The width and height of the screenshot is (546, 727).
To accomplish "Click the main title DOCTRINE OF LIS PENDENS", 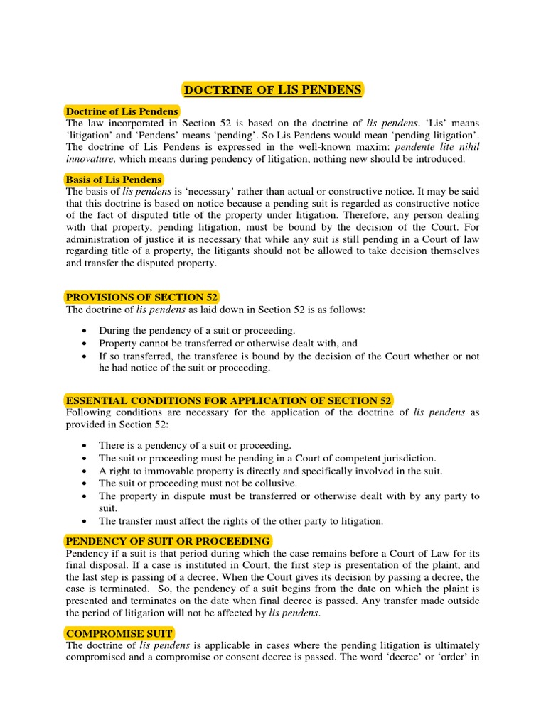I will pyautogui.click(x=273, y=89).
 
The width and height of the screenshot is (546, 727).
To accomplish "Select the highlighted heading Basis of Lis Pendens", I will pyautogui.click(x=114, y=180).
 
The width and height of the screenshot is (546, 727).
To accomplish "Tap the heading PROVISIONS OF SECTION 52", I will pyautogui.click(x=142, y=297).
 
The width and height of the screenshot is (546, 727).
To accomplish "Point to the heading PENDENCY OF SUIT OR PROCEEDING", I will pyautogui.click(x=168, y=541).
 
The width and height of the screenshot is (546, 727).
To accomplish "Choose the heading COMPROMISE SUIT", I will pyautogui.click(x=119, y=633).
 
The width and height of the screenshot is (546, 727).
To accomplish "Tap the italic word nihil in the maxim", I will pyautogui.click(x=468, y=147).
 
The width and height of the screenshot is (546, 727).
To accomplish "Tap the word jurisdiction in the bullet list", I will pyautogui.click(x=409, y=459).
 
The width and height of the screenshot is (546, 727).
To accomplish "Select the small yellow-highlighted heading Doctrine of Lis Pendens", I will pyautogui.click(x=122, y=111).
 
